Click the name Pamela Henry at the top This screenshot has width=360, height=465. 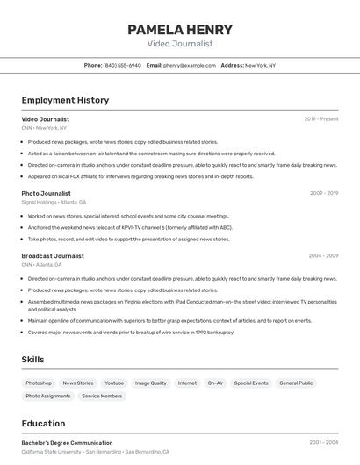180,30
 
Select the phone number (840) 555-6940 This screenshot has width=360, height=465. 122,65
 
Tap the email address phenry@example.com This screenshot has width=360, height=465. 190,65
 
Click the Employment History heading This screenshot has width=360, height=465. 65,100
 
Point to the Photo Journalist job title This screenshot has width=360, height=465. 46,193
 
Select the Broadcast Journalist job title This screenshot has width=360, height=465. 53,256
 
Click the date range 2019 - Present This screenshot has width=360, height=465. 321,119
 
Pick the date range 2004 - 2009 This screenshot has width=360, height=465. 323,256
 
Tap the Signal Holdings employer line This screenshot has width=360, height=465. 48,202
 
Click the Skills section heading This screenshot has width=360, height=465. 33,360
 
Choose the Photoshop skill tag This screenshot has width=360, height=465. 39,383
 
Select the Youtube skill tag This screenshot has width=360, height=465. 114,383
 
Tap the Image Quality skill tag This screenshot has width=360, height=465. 150,383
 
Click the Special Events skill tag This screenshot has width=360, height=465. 251,383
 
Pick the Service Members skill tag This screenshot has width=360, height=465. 102,397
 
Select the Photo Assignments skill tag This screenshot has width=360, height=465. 48,397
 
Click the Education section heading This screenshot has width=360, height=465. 43,424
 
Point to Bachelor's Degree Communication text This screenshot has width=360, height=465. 67,443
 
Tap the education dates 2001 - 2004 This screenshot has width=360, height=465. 323,443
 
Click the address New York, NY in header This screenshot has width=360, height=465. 260,65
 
